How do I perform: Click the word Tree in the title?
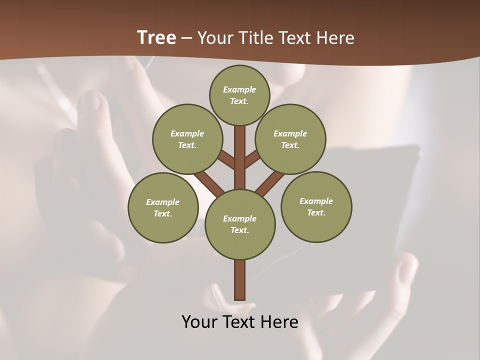click(x=156, y=38)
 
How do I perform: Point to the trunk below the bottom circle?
click(x=240, y=280)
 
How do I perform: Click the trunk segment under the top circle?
click(x=240, y=150)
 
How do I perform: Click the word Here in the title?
click(x=335, y=38)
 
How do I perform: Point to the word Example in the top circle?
click(x=239, y=90)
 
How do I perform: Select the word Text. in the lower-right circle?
click(x=316, y=212)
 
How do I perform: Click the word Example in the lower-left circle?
click(x=162, y=202)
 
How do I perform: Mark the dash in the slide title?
click(x=186, y=38)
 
